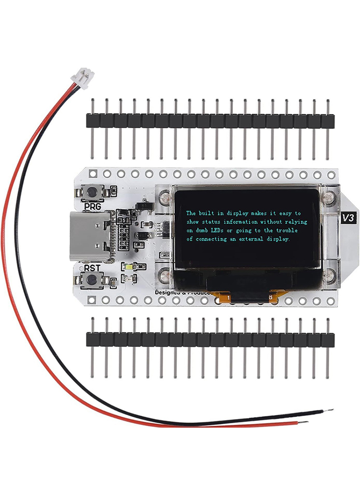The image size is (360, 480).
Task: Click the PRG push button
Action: [x=91, y=192]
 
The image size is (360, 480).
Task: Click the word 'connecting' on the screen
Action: [x=211, y=239]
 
